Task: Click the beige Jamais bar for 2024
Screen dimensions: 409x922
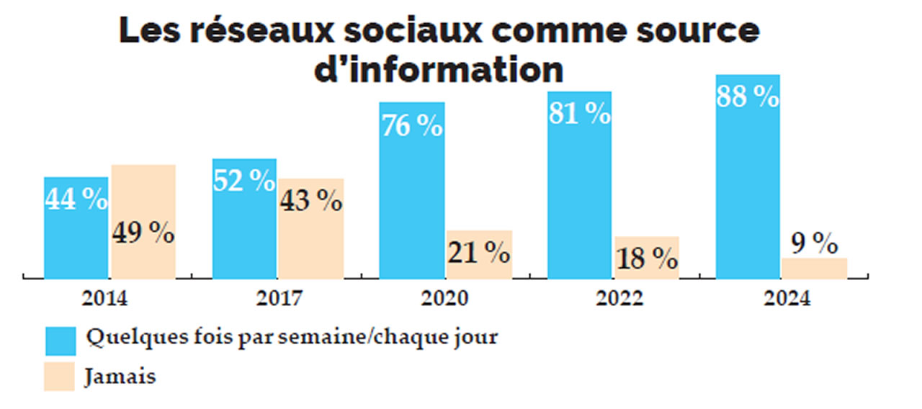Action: tap(814, 268)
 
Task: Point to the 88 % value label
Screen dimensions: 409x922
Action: tap(748, 97)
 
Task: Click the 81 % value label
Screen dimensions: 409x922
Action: tap(579, 114)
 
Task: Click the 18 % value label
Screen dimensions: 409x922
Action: tap(647, 257)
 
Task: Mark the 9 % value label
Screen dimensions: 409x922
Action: tap(814, 244)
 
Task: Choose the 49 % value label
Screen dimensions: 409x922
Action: tap(143, 233)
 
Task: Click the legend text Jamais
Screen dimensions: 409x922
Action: tap(120, 377)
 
